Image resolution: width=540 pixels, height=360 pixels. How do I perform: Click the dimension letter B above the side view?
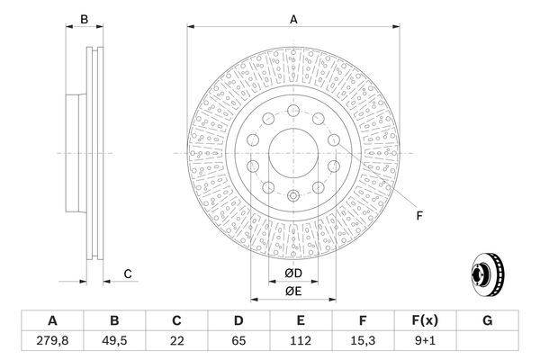84,19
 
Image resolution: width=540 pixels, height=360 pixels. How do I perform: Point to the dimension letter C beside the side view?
128,274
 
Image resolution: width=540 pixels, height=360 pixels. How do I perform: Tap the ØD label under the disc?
293,274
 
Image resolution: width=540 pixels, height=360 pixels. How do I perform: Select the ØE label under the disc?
293,291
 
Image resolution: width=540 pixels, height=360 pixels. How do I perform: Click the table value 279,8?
51,341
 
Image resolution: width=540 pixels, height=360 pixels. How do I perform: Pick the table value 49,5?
114,341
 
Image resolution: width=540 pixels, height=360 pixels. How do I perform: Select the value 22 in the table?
176,341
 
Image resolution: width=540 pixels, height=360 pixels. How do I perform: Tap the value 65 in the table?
238,341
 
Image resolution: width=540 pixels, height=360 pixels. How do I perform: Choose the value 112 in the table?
301,341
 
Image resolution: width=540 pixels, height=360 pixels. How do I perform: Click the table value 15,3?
363,341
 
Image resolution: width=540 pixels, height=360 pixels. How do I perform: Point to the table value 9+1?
426,341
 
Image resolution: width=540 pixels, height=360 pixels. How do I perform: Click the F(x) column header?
426,320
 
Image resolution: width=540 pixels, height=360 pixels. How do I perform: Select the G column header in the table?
488,320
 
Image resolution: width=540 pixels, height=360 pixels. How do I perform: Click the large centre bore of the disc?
293,151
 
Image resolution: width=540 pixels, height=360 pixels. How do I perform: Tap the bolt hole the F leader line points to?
334,141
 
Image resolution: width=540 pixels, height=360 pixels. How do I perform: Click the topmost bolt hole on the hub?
293,109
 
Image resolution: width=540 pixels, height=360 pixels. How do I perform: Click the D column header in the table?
238,320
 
